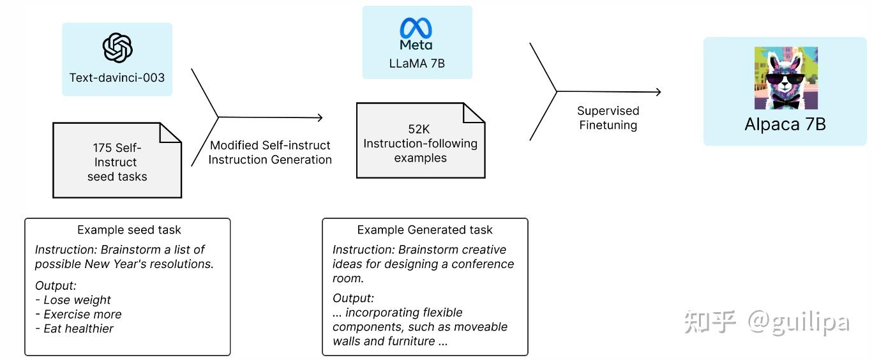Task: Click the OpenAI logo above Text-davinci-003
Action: pos(117,49)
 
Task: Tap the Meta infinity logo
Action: pos(416,28)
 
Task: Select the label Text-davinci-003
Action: pos(117,78)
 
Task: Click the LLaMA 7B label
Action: pos(417,63)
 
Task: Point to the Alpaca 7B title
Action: pos(785,124)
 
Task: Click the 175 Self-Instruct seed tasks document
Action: pos(117,161)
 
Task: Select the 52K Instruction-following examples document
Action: pos(420,142)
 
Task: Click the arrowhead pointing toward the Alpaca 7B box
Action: pos(658,92)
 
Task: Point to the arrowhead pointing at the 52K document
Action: pos(319,117)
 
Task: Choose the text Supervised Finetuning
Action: pos(608,118)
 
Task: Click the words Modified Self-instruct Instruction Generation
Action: pos(270,153)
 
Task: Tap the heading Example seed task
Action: pos(129,230)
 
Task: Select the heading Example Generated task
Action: pos(425,230)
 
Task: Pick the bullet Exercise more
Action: pos(82,314)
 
